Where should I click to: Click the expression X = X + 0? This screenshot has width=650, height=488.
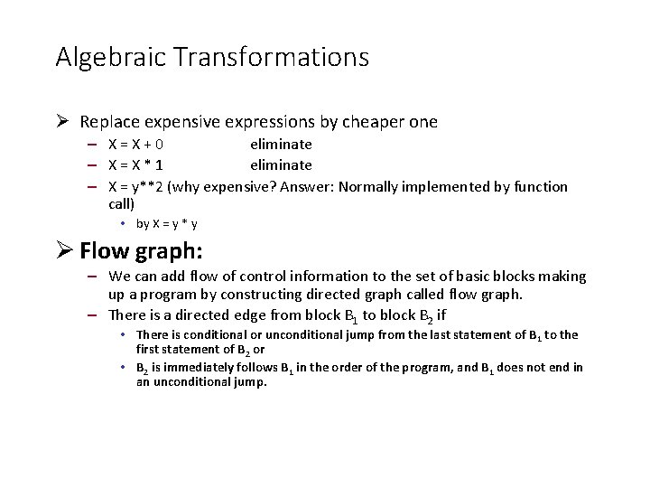pos(135,145)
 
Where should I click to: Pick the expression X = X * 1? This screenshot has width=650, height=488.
pos(135,165)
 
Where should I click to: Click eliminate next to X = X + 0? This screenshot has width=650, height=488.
pos(281,145)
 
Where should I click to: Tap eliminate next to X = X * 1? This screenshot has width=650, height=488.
pos(281,165)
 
